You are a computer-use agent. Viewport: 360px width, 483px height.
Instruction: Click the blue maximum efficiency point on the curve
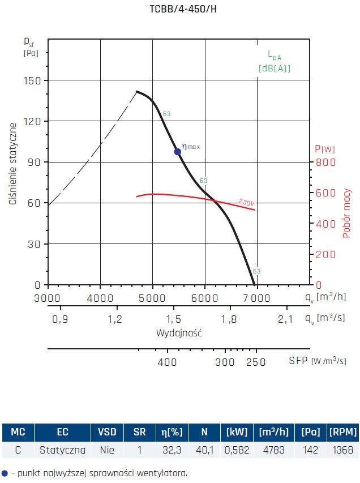[x=177, y=151]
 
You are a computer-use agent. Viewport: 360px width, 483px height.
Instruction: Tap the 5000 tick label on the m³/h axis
[x=152, y=297]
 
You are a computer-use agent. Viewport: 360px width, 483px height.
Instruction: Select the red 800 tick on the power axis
[x=325, y=163]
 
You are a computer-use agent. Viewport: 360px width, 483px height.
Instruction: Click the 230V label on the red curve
[x=247, y=202]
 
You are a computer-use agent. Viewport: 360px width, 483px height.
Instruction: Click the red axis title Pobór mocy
[x=347, y=213]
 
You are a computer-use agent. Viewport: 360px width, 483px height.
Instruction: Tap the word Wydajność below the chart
[x=179, y=333]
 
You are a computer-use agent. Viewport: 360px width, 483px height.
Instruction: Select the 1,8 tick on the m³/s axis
[x=230, y=319]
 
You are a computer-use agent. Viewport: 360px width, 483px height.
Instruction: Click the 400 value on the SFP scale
[x=167, y=361]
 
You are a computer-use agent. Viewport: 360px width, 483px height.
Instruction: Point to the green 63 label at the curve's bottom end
[x=256, y=271]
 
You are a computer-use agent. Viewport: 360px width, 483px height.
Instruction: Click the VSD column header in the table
[x=107, y=433]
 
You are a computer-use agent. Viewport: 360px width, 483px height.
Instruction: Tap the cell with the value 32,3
[x=173, y=451]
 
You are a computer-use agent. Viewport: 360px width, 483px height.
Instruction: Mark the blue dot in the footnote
[x=5, y=473]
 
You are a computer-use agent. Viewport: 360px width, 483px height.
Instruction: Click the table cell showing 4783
[x=272, y=451]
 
